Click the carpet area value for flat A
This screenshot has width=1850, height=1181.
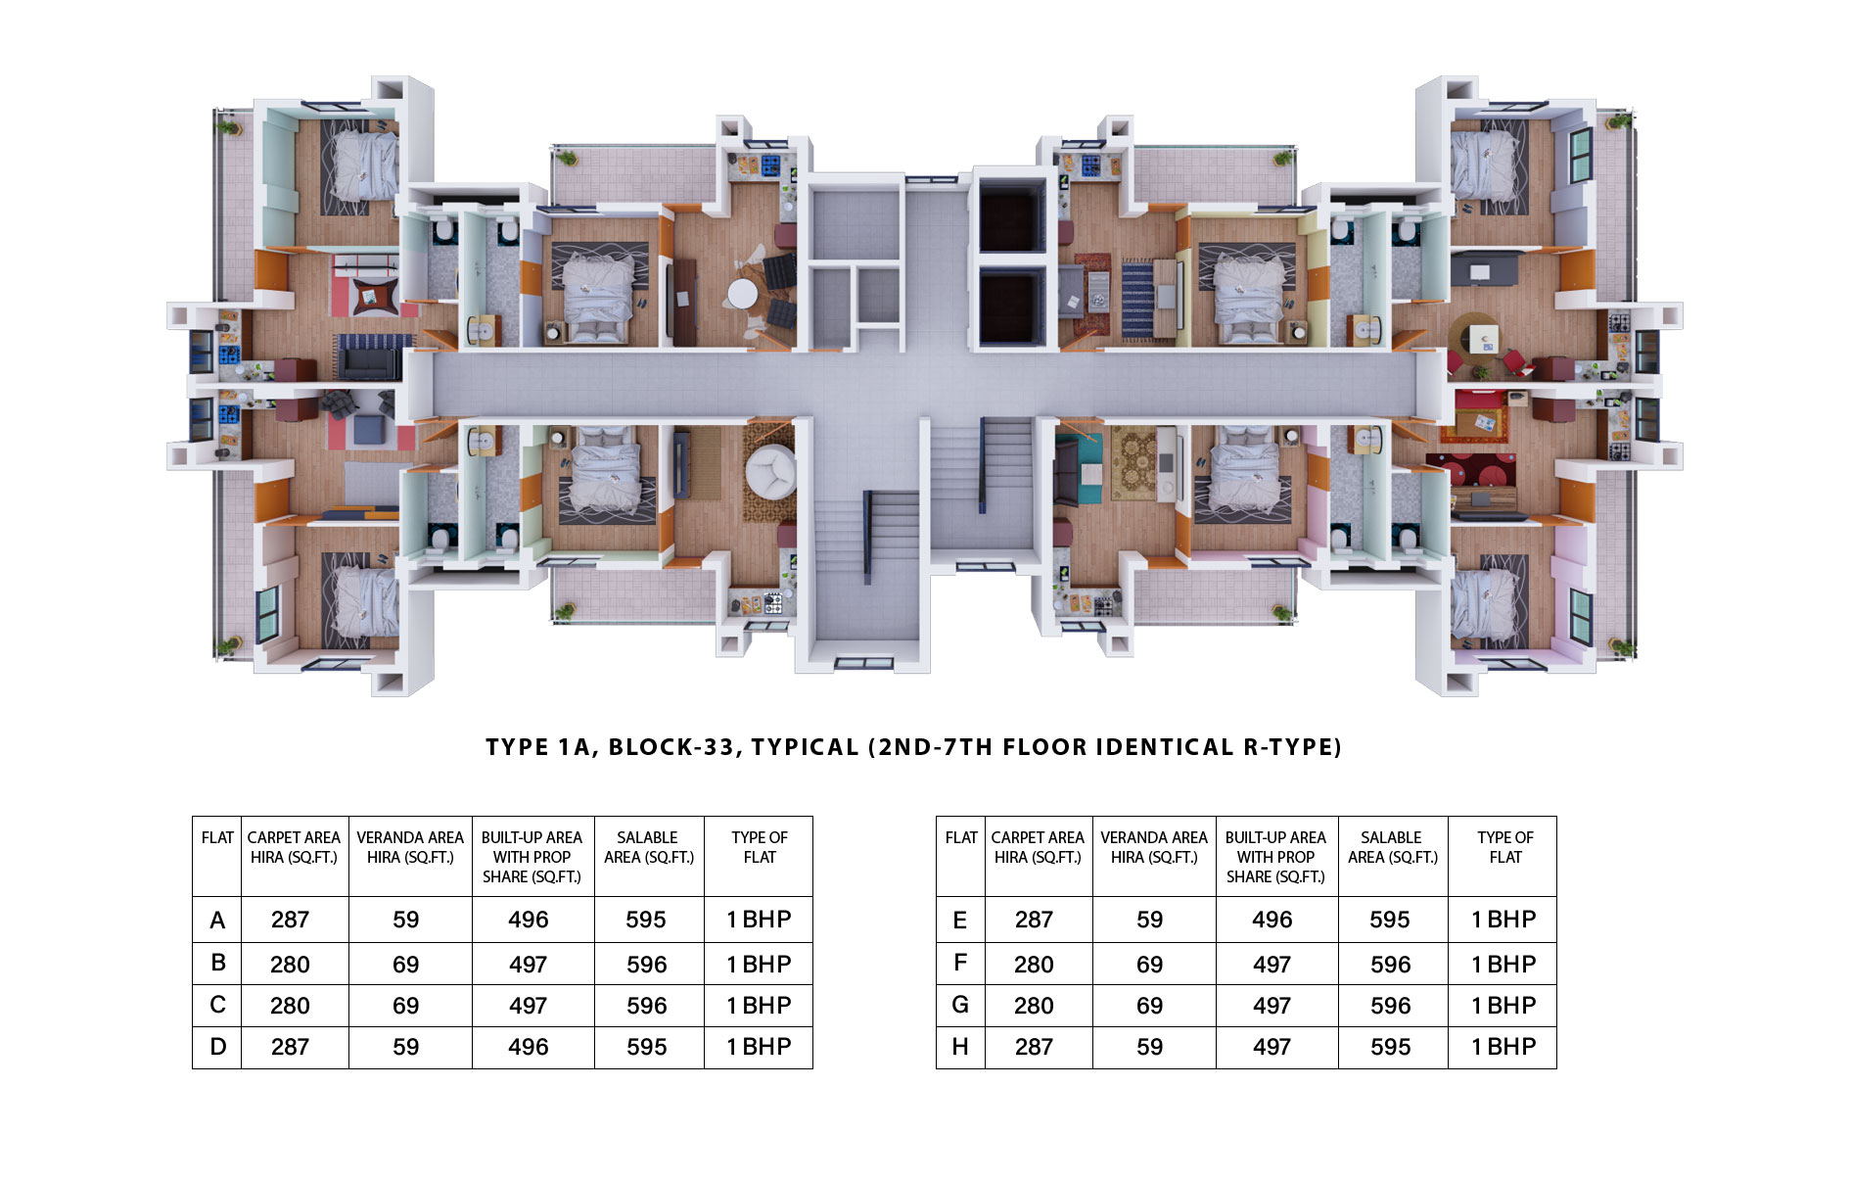[290, 920]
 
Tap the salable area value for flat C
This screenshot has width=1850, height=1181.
[646, 1006]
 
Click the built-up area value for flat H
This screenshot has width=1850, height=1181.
[1272, 1047]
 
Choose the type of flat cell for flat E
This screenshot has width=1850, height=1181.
[1502, 920]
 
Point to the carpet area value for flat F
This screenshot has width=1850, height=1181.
[1034, 965]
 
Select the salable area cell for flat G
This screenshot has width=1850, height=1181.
[1393, 1006]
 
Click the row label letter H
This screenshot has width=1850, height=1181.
[960, 1047]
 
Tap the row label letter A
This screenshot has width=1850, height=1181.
[217, 921]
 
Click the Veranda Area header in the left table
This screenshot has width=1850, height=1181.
[410, 847]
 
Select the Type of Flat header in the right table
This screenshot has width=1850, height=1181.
[1504, 847]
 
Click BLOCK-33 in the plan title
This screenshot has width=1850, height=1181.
[671, 747]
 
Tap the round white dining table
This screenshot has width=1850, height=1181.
[742, 293]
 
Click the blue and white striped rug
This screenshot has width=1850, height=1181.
[1137, 298]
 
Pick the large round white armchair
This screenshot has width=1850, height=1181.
[771, 471]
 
